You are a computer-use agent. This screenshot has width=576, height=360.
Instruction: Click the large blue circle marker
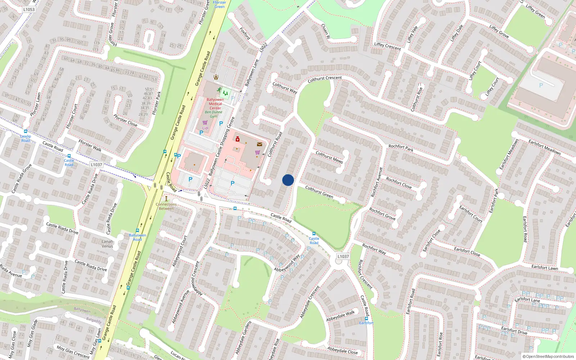click(288, 180)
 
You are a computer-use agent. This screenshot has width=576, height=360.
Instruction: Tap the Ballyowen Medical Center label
click(215, 104)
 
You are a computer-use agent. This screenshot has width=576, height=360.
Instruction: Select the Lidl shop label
click(205, 128)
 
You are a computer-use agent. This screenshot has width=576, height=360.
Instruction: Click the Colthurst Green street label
click(319, 192)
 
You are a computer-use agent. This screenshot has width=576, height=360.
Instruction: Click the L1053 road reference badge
click(29, 9)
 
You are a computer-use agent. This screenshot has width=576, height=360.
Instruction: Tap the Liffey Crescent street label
click(387, 46)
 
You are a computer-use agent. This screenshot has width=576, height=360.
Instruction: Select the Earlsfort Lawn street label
click(545, 267)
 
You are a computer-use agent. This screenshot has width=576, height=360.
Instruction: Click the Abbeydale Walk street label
click(341, 316)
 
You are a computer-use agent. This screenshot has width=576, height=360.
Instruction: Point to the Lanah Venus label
click(107, 244)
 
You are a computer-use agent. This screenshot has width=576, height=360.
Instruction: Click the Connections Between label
click(166, 206)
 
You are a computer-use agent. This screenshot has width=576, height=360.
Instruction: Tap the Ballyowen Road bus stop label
click(138, 237)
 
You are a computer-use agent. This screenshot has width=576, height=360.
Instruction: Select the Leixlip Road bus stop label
click(26, 138)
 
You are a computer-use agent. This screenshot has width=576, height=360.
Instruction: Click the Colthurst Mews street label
click(329, 157)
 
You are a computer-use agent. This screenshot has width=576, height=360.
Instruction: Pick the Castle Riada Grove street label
click(22, 179)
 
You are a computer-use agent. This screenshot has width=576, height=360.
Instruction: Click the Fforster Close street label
click(125, 120)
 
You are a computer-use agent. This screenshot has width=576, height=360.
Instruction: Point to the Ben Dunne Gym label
click(214, 114)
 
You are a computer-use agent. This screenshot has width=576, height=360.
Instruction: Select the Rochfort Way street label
click(374, 249)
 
